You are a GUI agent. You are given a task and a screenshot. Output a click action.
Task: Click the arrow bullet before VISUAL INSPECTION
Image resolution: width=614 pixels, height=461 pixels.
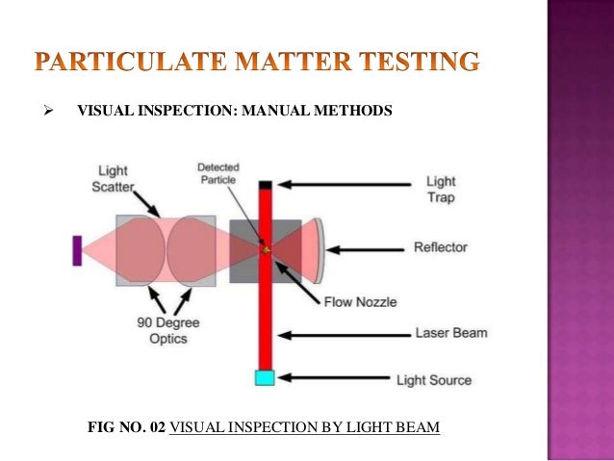click(x=39, y=112)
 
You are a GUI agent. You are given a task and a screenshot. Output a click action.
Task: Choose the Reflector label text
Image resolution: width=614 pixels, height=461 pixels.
click(x=440, y=247)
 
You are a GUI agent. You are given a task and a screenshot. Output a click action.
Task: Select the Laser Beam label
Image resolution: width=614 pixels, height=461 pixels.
click(x=451, y=334)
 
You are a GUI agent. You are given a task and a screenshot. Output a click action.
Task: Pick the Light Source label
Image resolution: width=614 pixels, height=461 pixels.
click(x=434, y=380)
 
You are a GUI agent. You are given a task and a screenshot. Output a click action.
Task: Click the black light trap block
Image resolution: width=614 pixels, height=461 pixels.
click(x=266, y=183)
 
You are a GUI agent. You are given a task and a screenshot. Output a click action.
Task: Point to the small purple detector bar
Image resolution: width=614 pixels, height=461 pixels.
click(x=76, y=250)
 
